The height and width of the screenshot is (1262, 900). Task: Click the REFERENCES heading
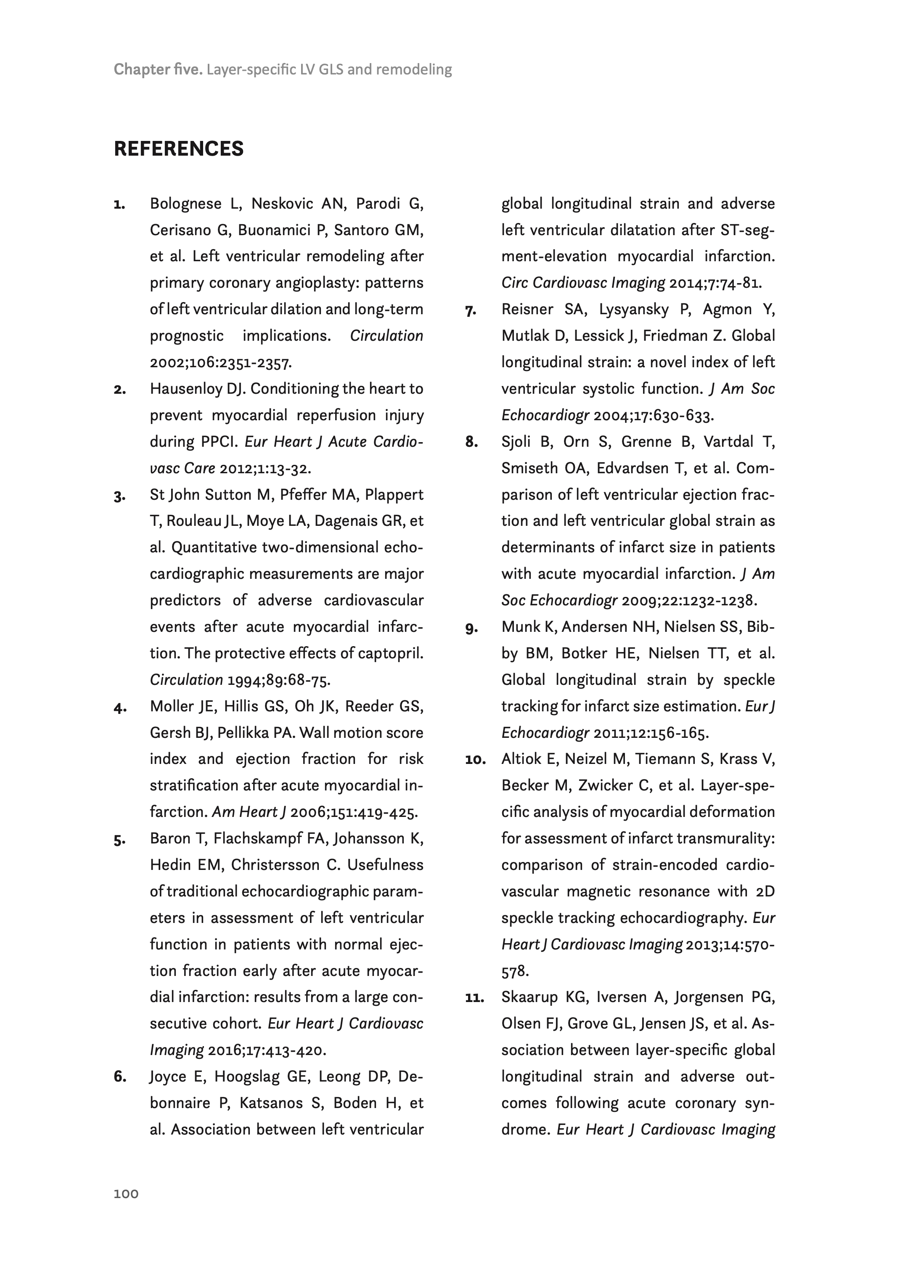(178, 149)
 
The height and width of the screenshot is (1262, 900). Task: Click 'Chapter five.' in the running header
(158, 70)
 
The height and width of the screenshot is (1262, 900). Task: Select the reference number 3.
(119, 496)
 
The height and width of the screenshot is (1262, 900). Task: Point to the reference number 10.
(475, 760)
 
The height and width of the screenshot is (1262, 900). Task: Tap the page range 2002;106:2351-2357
(220, 363)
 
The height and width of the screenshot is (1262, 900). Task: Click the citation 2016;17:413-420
(267, 1050)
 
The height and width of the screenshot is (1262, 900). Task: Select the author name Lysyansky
(633, 310)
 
